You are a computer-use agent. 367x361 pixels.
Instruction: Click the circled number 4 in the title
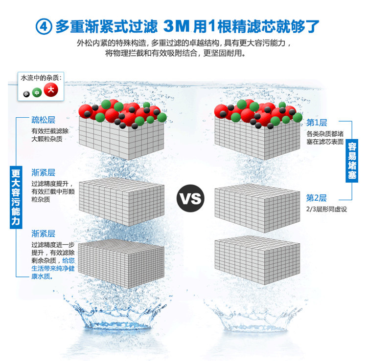pyautogui.click(x=44, y=26)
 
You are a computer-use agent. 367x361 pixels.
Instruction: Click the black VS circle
pyautogui.click(x=190, y=198)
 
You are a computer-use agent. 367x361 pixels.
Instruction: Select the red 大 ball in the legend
pyautogui.click(x=51, y=90)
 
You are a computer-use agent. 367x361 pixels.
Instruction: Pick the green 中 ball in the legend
pyautogui.click(x=37, y=93)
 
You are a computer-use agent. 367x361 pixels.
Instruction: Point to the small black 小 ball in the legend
pyautogui.click(x=26, y=94)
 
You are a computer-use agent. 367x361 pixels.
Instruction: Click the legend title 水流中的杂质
pyautogui.click(x=41, y=78)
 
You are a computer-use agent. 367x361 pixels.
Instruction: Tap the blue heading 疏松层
pyautogui.click(x=43, y=120)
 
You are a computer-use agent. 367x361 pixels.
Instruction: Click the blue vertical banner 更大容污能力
pyautogui.click(x=16, y=197)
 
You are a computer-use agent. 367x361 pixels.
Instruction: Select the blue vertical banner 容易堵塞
pyautogui.click(x=352, y=161)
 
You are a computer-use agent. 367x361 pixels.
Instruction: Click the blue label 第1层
pyautogui.click(x=317, y=123)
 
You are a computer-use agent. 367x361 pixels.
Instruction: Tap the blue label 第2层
pyautogui.click(x=317, y=198)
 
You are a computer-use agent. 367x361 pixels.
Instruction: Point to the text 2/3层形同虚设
pyautogui.click(x=326, y=209)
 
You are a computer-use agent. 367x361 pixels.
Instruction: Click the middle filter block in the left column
pyautogui.click(x=121, y=202)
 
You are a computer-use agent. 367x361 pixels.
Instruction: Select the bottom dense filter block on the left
pyautogui.click(x=121, y=264)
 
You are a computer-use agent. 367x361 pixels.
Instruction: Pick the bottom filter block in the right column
pyautogui.click(x=257, y=260)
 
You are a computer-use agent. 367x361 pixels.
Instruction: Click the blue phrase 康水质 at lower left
pyautogui.click(x=41, y=276)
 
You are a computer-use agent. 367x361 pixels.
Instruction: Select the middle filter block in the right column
pyautogui.click(x=257, y=208)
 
